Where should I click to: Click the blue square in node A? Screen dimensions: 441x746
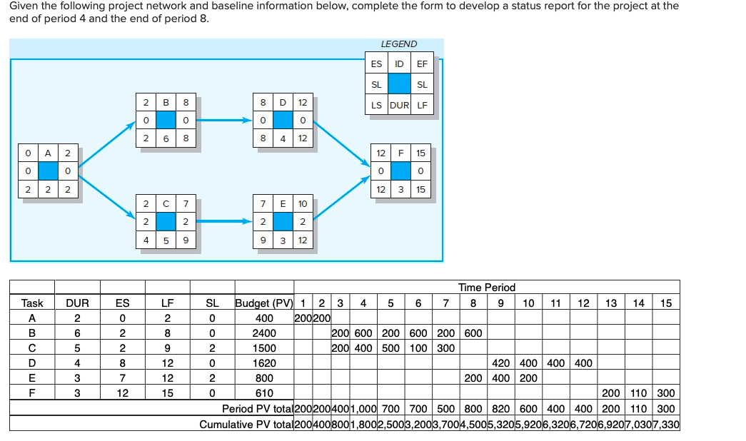coord(48,171)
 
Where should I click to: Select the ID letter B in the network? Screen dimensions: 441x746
coord(166,102)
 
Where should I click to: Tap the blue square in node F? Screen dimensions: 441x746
coord(400,171)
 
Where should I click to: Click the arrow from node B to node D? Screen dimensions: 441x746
coord(221,120)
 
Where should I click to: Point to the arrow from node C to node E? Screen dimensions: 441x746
coord(221,223)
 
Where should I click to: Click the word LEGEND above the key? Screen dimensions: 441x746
coord(399,44)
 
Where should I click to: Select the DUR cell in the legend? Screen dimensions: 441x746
coord(400,106)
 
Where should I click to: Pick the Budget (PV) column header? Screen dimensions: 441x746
coord(264,303)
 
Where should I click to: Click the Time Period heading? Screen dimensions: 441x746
coord(486,288)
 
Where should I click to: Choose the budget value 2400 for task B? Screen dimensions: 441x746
coord(264,333)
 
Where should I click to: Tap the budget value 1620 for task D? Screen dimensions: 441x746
coord(264,363)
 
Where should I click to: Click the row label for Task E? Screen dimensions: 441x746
coord(31,378)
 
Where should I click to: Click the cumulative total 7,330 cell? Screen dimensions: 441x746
coord(665,425)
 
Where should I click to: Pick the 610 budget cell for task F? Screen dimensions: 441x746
coord(264,393)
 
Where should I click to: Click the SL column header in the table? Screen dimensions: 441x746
coord(212,303)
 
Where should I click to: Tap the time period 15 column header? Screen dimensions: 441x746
coord(665,303)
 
